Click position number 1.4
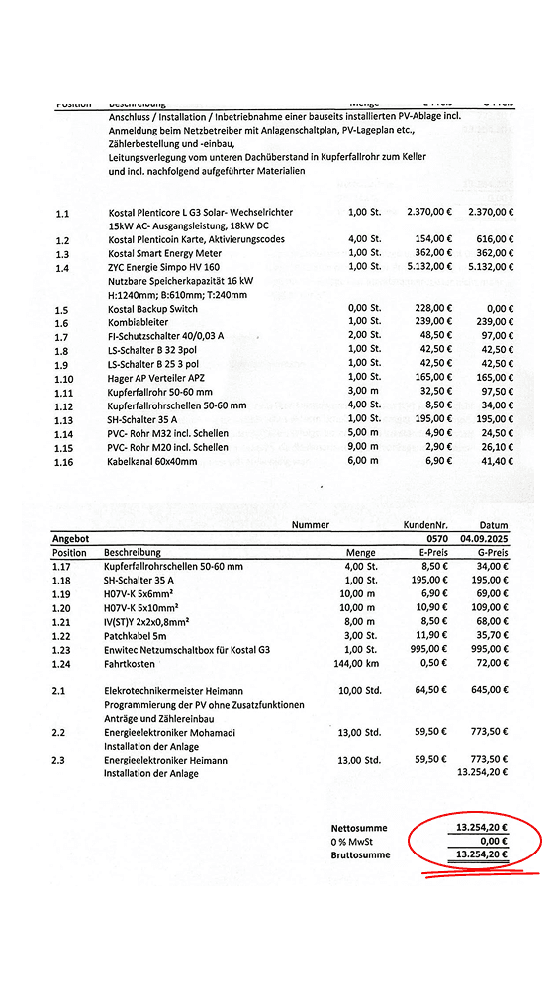(62, 268)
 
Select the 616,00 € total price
(491, 240)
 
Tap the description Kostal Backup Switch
(153, 310)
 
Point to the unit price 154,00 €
(429, 240)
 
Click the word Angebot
(70, 539)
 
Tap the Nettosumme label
(358, 828)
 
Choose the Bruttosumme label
(359, 854)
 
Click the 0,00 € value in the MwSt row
(491, 841)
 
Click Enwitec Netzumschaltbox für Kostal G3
(188, 649)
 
